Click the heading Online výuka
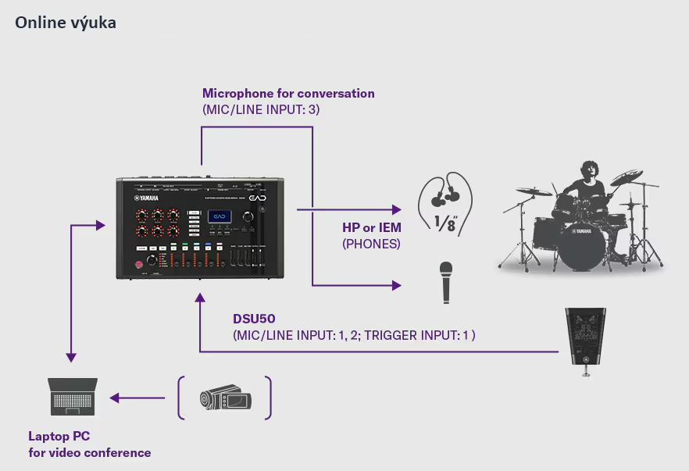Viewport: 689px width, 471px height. [66, 23]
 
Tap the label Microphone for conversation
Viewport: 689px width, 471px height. [288, 94]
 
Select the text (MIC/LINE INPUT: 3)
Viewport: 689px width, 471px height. [261, 110]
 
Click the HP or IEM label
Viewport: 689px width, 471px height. [372, 227]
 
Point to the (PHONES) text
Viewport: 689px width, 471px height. [371, 244]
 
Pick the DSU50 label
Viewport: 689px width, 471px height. [254, 319]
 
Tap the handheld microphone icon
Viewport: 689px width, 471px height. [446, 282]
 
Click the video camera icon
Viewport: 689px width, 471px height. [224, 398]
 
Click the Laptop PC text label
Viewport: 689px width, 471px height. [59, 437]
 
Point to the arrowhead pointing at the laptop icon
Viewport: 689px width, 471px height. [114, 398]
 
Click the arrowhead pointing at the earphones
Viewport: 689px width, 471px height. [396, 210]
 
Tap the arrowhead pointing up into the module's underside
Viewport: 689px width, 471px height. [202, 298]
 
